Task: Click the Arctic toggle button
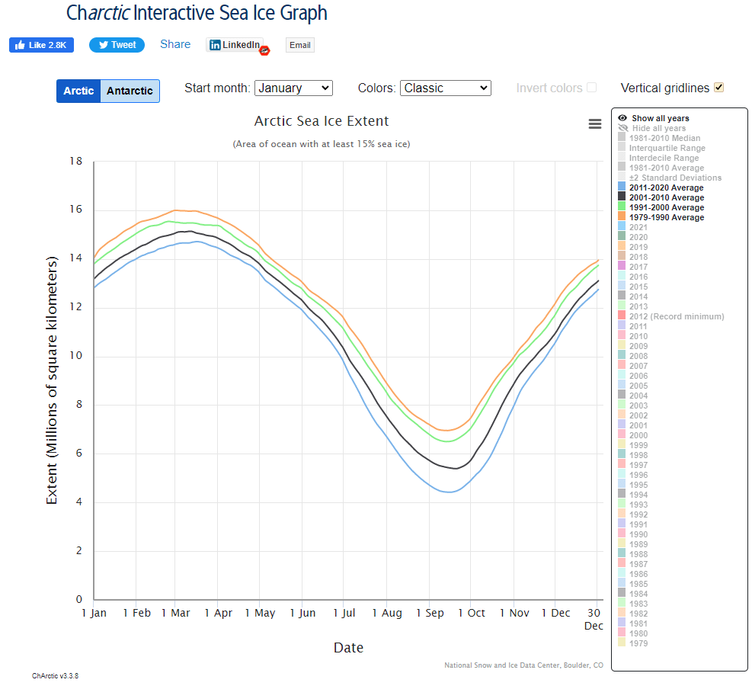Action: pos(78,91)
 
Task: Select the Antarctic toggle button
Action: pos(130,91)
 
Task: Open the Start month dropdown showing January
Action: pos(293,88)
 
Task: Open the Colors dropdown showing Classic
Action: pos(445,88)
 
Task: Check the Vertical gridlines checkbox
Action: pos(718,88)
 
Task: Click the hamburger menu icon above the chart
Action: pos(595,124)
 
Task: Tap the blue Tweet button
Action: pos(117,45)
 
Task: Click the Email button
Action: pos(299,45)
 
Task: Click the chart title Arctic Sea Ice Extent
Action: pos(322,121)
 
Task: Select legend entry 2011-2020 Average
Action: pos(667,188)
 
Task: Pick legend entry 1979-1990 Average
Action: pos(667,217)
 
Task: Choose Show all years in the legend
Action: pos(660,118)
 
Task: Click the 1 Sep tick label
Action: pos(430,613)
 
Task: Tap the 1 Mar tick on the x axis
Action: pos(175,613)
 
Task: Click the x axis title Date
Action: pos(348,648)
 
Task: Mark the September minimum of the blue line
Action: pos(450,492)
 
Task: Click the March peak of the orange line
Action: pos(177,210)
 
